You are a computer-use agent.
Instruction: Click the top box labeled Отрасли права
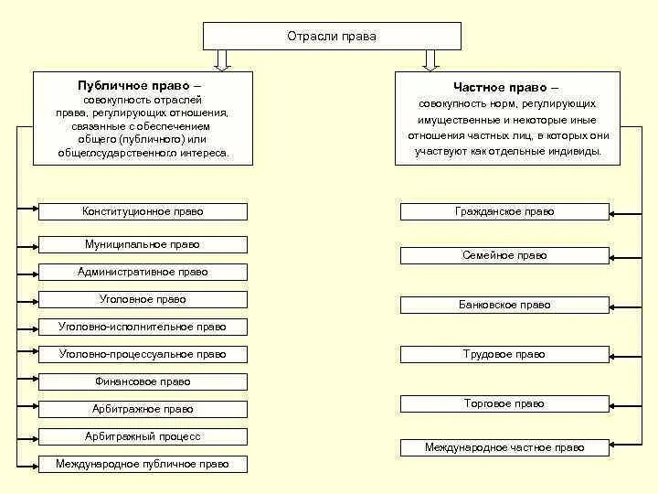coord(331,37)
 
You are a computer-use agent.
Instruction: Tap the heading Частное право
coord(506,87)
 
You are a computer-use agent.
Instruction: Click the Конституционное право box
coord(143,211)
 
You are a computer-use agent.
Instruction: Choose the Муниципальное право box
coord(143,244)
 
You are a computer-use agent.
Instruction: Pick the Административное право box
coord(143,272)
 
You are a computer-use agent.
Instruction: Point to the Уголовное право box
coord(143,299)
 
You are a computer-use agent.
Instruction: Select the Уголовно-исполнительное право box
coord(143,327)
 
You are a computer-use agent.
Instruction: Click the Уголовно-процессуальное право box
coord(143,354)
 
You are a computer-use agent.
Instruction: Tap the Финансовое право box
coord(143,381)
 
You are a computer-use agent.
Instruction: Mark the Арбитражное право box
coord(143,409)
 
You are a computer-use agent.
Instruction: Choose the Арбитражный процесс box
coord(143,436)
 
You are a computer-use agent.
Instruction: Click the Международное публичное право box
coord(143,464)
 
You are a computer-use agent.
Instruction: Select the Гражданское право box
coord(504,211)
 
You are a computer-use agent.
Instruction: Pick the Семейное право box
coord(504,255)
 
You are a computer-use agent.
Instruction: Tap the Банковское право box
coord(504,305)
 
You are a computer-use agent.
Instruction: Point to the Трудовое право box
coord(504,354)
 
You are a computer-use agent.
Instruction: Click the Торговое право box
coord(504,403)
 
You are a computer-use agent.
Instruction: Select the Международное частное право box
coord(504,447)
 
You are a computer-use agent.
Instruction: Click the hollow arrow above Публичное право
coord(220,60)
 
